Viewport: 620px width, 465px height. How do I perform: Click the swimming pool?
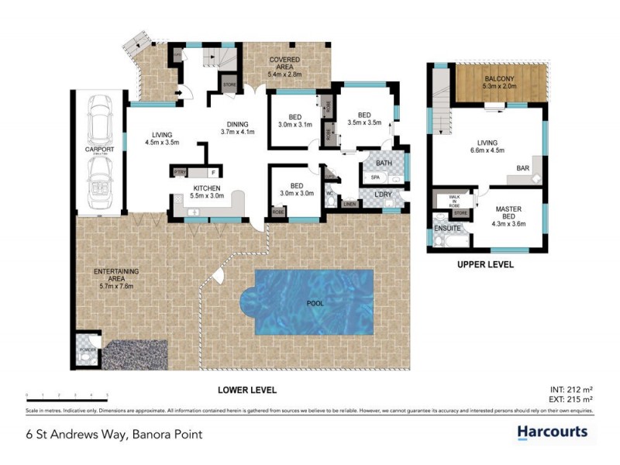[x=314, y=305]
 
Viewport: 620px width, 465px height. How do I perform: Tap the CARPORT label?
[x=99, y=150]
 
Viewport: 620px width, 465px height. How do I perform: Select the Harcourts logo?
[x=552, y=432]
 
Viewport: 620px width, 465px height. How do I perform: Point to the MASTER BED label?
[x=508, y=218]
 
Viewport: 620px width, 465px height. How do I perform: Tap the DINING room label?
[x=237, y=128]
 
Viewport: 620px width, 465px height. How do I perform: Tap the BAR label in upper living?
[x=523, y=167]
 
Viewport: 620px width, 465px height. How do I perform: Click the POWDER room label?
[x=85, y=350]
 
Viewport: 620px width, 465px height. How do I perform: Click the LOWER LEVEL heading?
[x=246, y=390]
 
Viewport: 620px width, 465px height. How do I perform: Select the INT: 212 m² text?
[x=572, y=390]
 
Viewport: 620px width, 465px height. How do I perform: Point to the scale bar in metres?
[x=67, y=396]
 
